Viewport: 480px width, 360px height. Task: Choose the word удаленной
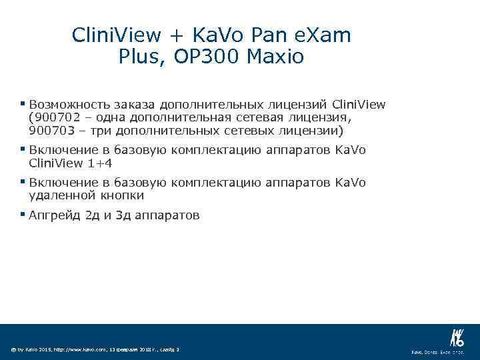[x=62, y=195]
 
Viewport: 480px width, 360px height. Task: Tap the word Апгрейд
[x=55, y=215]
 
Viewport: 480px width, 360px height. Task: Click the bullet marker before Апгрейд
[x=23, y=214]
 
